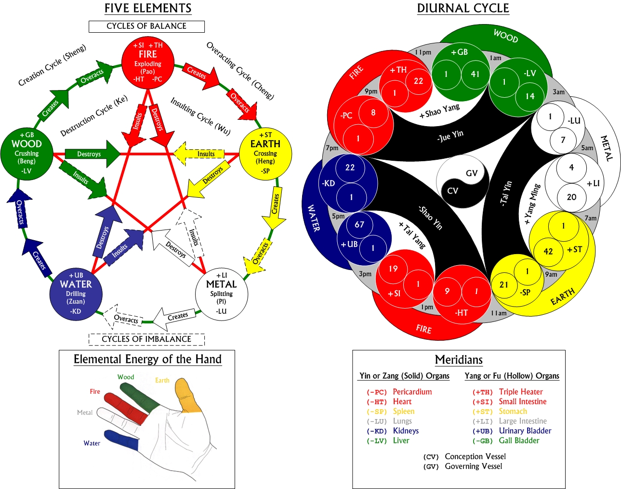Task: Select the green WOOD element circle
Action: pos(27,154)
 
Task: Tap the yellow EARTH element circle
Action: pos(265,154)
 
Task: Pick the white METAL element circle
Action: pos(221,294)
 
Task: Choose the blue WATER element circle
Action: pos(76,294)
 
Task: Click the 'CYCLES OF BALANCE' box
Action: pos(146,26)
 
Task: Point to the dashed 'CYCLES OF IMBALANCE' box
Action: pos(146,339)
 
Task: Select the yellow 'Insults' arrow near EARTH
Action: pos(199,154)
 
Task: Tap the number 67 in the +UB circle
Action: pos(359,224)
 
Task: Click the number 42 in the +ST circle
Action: pos(548,251)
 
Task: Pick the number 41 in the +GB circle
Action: pos(475,74)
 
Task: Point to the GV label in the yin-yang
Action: pos(472,173)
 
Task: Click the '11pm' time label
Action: pos(423,52)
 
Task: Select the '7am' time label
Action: pos(591,218)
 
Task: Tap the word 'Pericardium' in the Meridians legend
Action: pos(412,392)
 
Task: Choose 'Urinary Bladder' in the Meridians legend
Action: pos(525,431)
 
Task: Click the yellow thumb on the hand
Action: pos(187,396)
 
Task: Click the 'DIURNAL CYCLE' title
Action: pos(463,8)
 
